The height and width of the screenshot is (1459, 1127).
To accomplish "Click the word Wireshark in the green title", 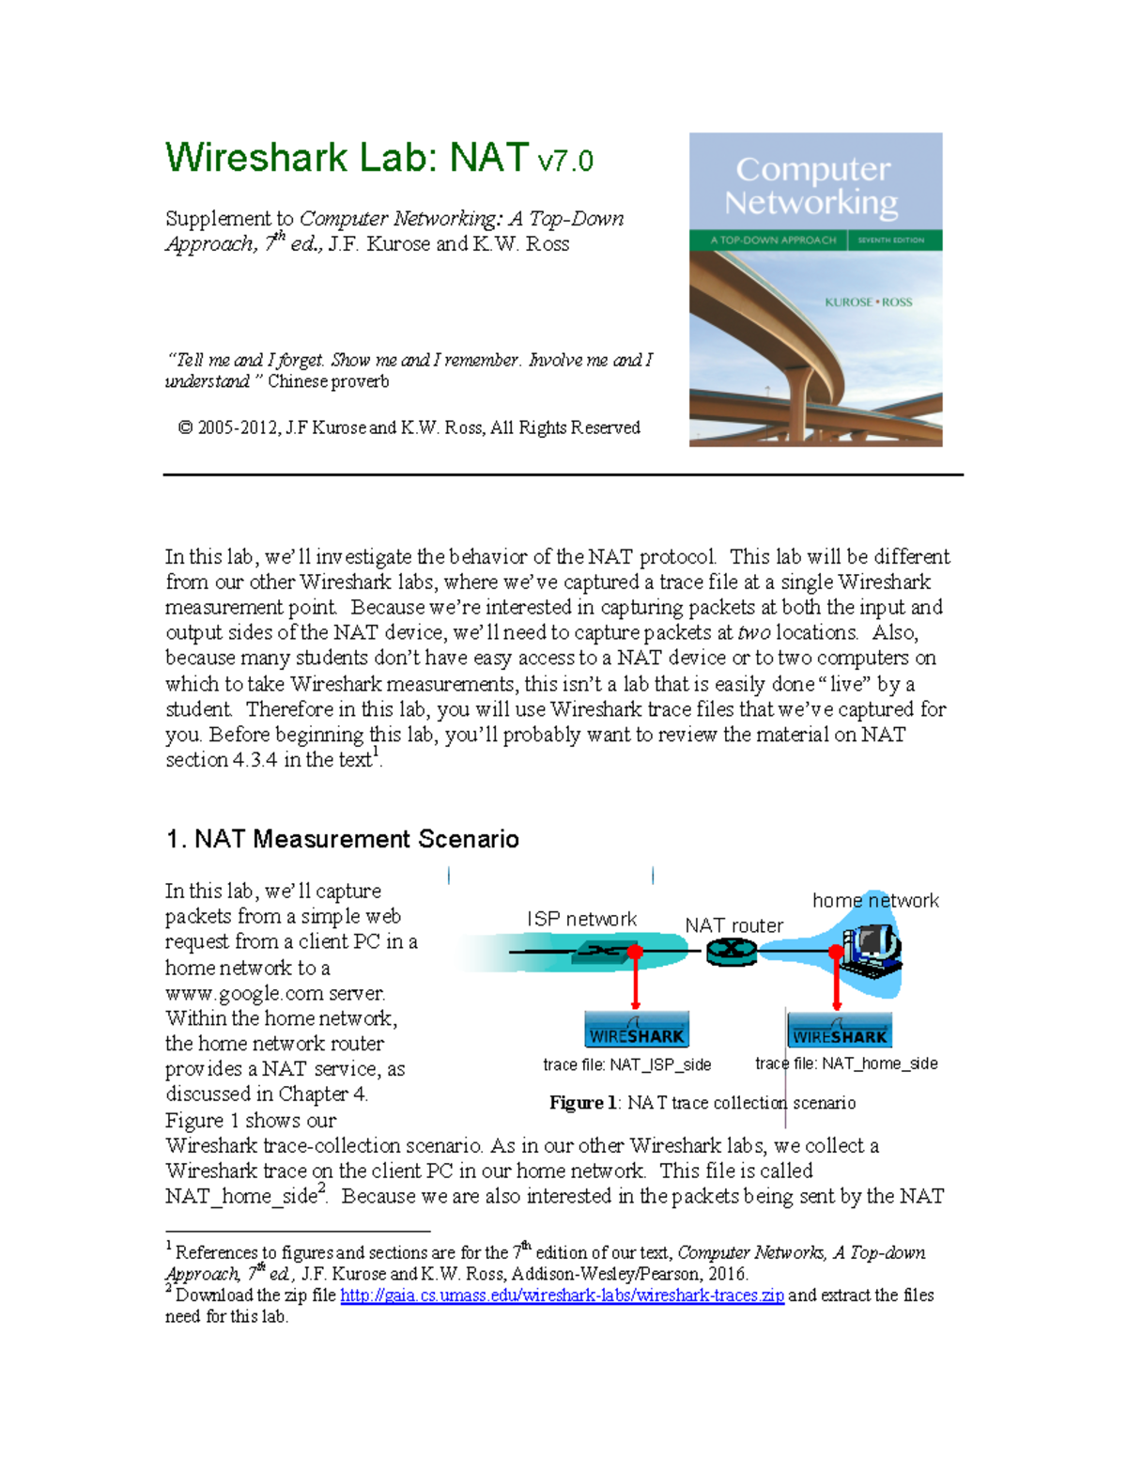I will pos(255,158).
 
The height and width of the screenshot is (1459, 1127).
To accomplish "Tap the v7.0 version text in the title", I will pos(564,161).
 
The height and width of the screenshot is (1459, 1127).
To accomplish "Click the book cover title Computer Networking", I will pos(812,185).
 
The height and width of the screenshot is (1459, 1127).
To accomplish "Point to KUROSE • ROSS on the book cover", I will pos(868,303).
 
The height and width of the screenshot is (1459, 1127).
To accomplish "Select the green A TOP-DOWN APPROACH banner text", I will pos(772,241).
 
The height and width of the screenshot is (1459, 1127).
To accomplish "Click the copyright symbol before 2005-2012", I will pos(185,428).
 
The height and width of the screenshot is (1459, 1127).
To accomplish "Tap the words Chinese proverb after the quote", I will pos(328,381).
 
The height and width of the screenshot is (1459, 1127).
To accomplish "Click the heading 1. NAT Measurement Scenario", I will pos(342,839).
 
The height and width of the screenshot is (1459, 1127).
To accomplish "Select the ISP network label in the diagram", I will pos(581,919).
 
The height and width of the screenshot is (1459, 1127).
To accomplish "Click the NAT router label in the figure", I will pos(733,925).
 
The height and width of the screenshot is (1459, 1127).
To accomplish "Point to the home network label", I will pos(874,900).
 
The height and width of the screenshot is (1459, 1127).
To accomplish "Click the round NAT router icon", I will pos(732,952).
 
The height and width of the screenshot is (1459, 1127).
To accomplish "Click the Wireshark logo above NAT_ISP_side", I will pos(637,1032).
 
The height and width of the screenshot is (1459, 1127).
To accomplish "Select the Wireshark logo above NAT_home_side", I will pos(839,1032).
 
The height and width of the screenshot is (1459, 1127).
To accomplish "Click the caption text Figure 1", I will pos(582,1103).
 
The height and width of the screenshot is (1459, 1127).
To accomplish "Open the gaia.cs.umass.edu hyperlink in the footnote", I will pos(562,1296).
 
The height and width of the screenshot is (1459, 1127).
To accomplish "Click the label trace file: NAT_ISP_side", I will pos(626,1064).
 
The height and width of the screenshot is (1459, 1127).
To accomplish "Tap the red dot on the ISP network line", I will pos(636,953).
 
